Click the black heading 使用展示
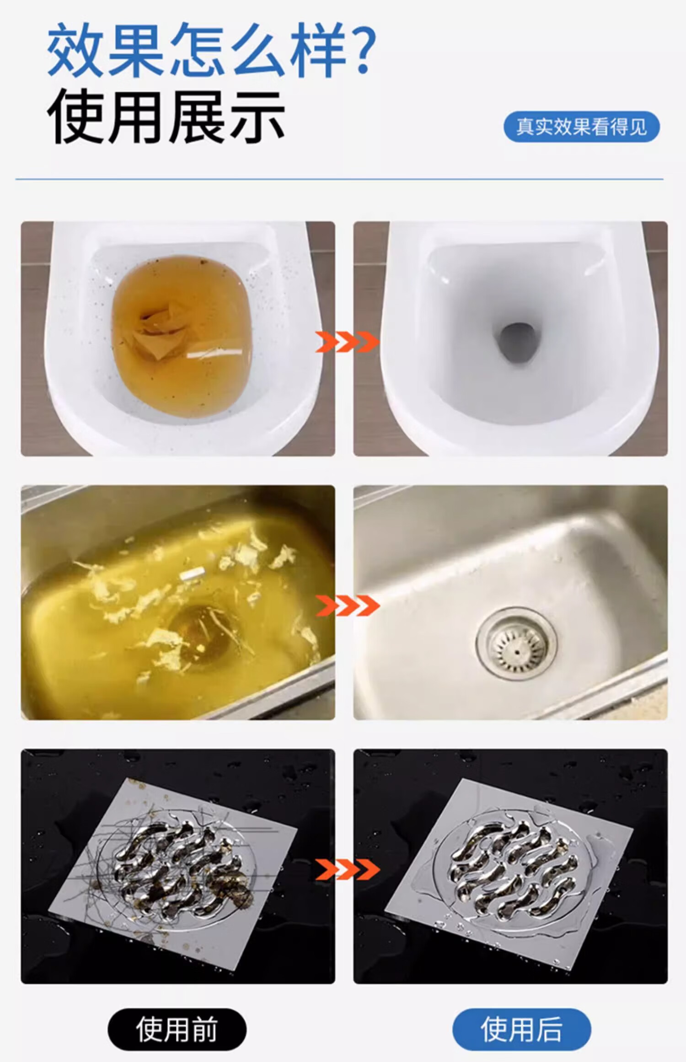(166, 117)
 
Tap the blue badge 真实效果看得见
(581, 127)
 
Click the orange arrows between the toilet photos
(347, 342)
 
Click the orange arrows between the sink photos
(347, 605)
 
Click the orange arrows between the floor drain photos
(347, 869)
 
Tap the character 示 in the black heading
(257, 117)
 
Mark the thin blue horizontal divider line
(339, 179)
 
